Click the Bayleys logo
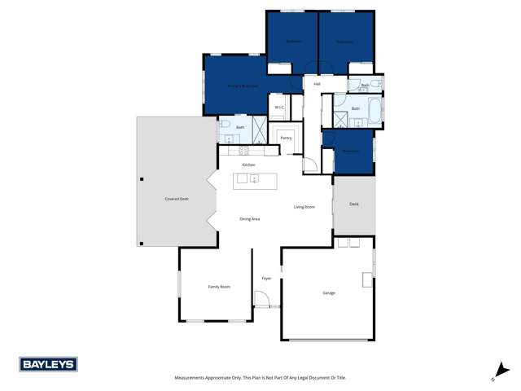tap(48, 365)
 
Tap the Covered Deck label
tap(177, 199)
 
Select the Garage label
tap(329, 293)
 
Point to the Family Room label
tap(219, 287)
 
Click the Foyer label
tap(266, 279)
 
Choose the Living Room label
tap(304, 207)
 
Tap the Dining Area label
tap(250, 219)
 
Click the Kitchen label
tap(248, 165)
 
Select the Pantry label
tap(286, 138)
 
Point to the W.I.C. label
tap(278, 108)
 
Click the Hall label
tap(317, 83)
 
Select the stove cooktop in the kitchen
tap(241, 150)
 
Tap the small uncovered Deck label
tap(353, 204)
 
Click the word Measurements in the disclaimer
tap(193, 378)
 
